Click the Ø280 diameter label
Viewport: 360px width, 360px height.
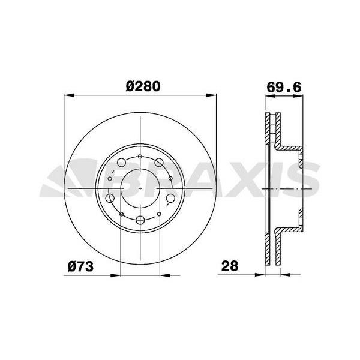[143, 86]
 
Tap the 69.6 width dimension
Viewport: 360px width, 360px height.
[283, 86]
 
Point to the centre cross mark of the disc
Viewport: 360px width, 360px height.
[140, 188]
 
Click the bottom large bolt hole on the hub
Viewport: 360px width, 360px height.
[140, 219]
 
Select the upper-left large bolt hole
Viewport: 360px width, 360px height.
[121, 163]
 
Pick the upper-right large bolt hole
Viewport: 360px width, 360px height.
[159, 163]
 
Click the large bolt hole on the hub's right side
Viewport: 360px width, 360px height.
[171, 199]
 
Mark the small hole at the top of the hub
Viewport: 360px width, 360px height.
[140, 157]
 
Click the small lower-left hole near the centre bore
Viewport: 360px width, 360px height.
[122, 214]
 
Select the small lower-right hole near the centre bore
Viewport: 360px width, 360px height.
[159, 214]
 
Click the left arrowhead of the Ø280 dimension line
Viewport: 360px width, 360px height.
[68, 94]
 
